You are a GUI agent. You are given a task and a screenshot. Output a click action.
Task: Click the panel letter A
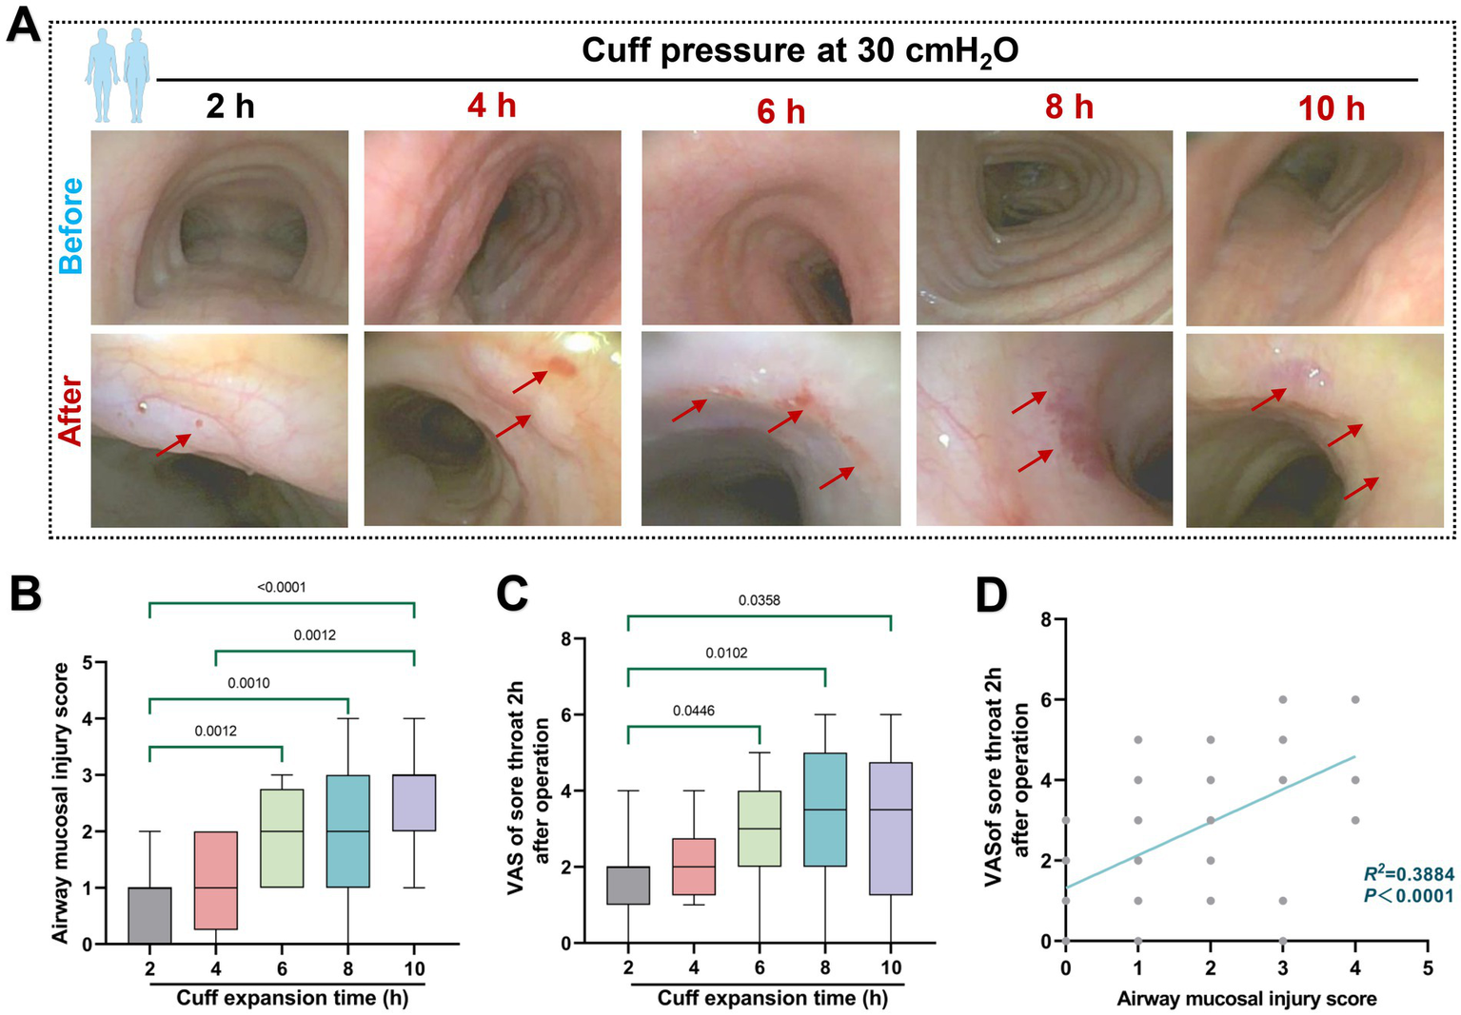coord(24,24)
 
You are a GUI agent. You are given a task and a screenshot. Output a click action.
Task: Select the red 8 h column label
coord(1069,107)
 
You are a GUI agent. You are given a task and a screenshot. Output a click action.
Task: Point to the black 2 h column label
coord(230,106)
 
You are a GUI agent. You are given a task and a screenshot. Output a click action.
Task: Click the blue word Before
coord(71,226)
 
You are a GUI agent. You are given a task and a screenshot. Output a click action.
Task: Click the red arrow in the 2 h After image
coord(174,445)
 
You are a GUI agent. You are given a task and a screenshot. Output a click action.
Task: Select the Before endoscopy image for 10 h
coord(1313,228)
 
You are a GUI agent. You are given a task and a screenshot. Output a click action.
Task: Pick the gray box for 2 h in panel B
coord(149,915)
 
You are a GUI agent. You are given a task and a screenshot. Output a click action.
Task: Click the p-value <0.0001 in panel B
coord(282,587)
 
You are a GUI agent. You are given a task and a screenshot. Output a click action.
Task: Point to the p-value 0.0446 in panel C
coord(693,711)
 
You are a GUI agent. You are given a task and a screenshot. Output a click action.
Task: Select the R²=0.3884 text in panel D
coord(1408,874)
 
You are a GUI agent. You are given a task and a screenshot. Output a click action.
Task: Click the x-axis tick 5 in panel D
coord(1427,968)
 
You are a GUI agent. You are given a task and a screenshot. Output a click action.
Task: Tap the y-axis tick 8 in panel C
coord(564,639)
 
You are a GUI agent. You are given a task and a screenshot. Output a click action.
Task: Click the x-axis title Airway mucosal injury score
coord(1246,999)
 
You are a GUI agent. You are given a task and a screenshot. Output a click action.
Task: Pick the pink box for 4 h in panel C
coord(694,867)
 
